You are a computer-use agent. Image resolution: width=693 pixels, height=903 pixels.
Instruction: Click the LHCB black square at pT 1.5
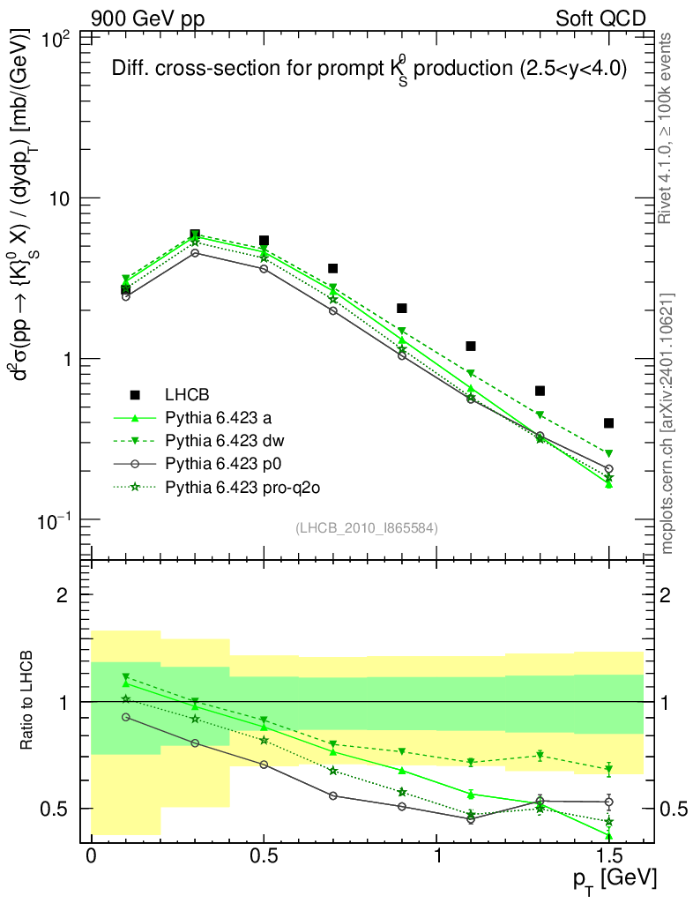(608, 423)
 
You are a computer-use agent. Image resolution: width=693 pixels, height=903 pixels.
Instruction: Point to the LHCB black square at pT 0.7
(332, 268)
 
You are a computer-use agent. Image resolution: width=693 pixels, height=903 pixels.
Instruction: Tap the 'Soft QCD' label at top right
(600, 19)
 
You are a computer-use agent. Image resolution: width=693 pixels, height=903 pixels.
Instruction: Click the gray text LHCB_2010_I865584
(367, 527)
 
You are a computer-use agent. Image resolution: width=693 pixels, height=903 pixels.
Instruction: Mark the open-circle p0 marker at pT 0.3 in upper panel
(195, 253)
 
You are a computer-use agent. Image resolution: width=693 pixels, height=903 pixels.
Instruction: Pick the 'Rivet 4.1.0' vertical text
(667, 129)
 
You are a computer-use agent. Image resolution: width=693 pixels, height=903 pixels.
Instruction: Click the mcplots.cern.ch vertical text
(667, 423)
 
